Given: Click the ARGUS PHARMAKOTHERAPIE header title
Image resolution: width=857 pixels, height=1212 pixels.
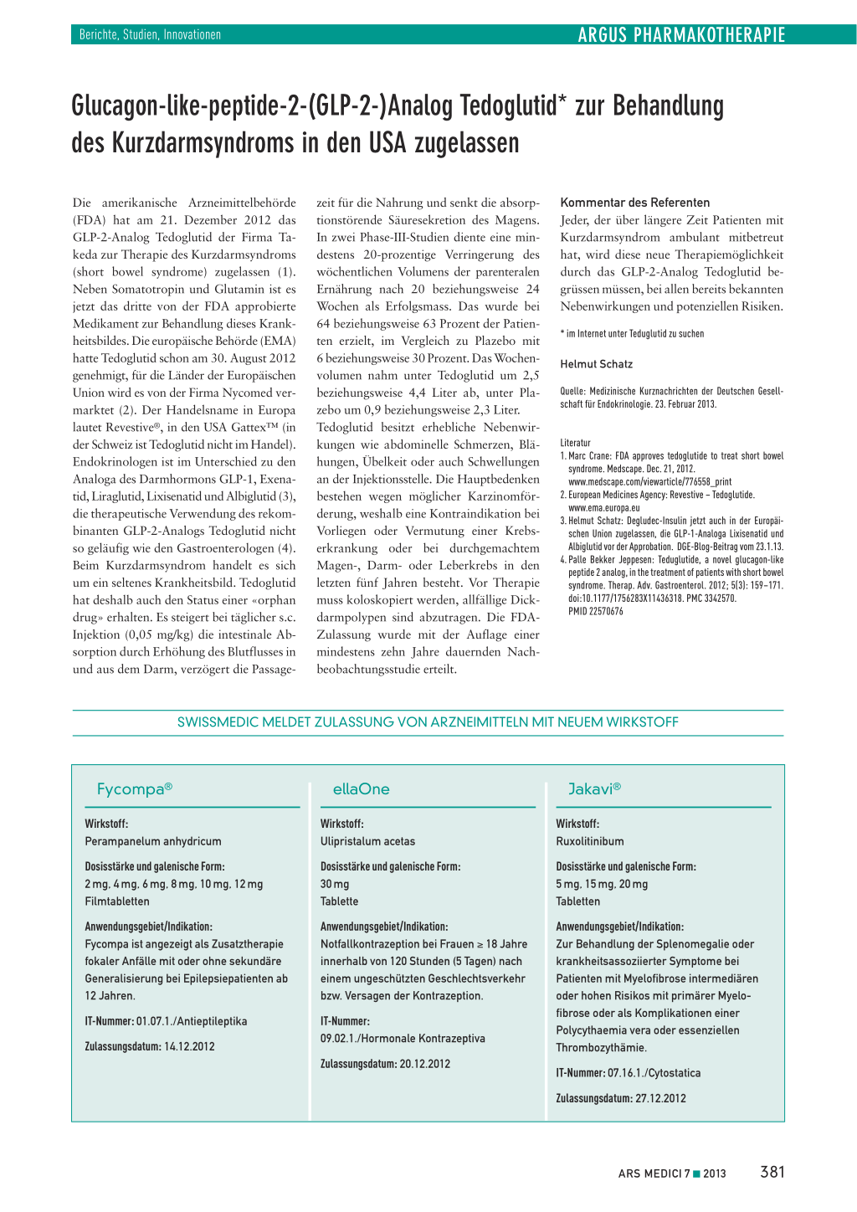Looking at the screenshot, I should click(x=681, y=34).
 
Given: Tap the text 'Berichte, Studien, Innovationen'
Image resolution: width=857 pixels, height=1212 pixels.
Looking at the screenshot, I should click(x=150, y=34).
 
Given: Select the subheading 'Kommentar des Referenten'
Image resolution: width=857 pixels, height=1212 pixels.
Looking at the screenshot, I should click(x=634, y=203).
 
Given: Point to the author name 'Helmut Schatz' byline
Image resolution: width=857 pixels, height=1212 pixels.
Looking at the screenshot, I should click(x=596, y=364).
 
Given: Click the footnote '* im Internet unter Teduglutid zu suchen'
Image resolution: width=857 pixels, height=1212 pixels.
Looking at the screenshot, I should click(x=632, y=334).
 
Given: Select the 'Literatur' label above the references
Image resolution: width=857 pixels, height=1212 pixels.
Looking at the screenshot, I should click(x=575, y=443).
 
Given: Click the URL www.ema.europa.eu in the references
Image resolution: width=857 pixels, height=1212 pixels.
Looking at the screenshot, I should click(x=603, y=508).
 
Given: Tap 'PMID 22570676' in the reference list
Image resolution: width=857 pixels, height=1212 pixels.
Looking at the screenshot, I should click(x=595, y=612).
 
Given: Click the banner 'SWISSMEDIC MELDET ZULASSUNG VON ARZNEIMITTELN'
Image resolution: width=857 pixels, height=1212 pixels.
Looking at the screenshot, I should click(x=428, y=722).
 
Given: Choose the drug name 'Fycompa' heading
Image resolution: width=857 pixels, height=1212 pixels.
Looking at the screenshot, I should click(x=134, y=788).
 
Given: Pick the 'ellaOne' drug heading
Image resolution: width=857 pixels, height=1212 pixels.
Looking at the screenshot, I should click(x=361, y=788).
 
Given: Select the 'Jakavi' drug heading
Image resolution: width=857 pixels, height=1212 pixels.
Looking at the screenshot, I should click(x=593, y=788).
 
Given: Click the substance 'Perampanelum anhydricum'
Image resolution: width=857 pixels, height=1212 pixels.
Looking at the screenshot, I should click(x=153, y=841).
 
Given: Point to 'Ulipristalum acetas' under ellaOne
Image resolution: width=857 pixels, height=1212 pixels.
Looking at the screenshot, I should click(x=367, y=841).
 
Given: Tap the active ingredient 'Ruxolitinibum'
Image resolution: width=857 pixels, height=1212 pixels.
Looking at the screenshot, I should click(x=590, y=841).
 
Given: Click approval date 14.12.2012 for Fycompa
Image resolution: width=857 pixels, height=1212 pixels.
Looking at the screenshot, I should click(x=189, y=1046).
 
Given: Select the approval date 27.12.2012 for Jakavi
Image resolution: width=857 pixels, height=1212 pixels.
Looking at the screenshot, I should click(x=660, y=1098).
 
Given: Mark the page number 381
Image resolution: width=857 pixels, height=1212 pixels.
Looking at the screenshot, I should click(x=772, y=1172).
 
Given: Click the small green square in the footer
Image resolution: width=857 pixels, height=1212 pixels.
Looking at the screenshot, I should click(x=696, y=1173).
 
